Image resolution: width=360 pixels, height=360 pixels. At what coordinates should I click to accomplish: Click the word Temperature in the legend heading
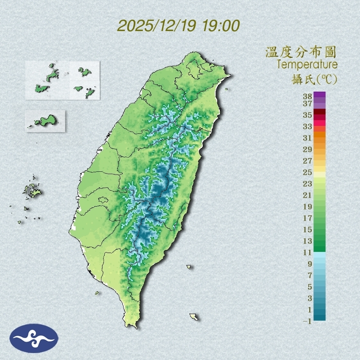[307, 65]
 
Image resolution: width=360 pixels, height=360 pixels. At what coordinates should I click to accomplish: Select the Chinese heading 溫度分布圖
[301, 52]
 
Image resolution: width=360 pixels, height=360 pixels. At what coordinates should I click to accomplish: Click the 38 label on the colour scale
[308, 97]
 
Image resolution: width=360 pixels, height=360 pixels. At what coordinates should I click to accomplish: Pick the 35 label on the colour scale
[308, 115]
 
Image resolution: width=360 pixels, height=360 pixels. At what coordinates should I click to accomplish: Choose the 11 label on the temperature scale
[308, 252]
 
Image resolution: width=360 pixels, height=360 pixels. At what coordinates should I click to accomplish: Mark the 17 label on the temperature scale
[308, 218]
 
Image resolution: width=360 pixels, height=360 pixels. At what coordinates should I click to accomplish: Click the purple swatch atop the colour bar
[319, 94]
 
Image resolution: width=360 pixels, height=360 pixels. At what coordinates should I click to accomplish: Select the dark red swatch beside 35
[319, 112]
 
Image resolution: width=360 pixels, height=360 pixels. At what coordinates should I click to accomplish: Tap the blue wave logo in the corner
[34, 338]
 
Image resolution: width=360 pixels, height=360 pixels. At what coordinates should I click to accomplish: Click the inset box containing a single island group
[45, 121]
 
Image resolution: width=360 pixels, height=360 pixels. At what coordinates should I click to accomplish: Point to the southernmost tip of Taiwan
[132, 326]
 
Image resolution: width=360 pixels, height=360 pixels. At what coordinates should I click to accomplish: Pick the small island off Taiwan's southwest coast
[97, 293]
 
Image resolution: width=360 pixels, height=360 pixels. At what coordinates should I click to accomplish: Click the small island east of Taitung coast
[189, 267]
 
